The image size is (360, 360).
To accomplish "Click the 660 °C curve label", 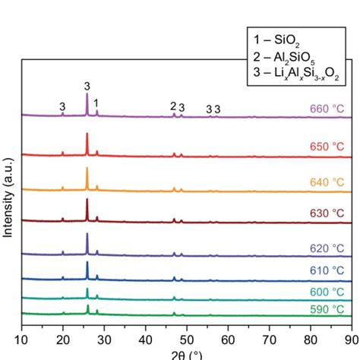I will click(327, 109).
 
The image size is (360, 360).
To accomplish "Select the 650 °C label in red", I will click(327, 145).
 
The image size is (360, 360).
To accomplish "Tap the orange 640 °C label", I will click(327, 182).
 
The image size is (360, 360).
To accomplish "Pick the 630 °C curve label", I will click(327, 213).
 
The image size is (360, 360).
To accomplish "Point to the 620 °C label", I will click(327, 248).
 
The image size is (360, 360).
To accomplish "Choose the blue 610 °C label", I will click(327, 271).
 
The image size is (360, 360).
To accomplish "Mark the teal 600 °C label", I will click(327, 292).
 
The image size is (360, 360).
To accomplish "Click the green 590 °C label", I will click(327, 309).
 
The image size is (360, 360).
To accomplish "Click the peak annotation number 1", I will click(96, 101).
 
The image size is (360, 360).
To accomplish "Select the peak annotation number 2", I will click(173, 106).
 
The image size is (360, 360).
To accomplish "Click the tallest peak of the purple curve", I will click(87, 96).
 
